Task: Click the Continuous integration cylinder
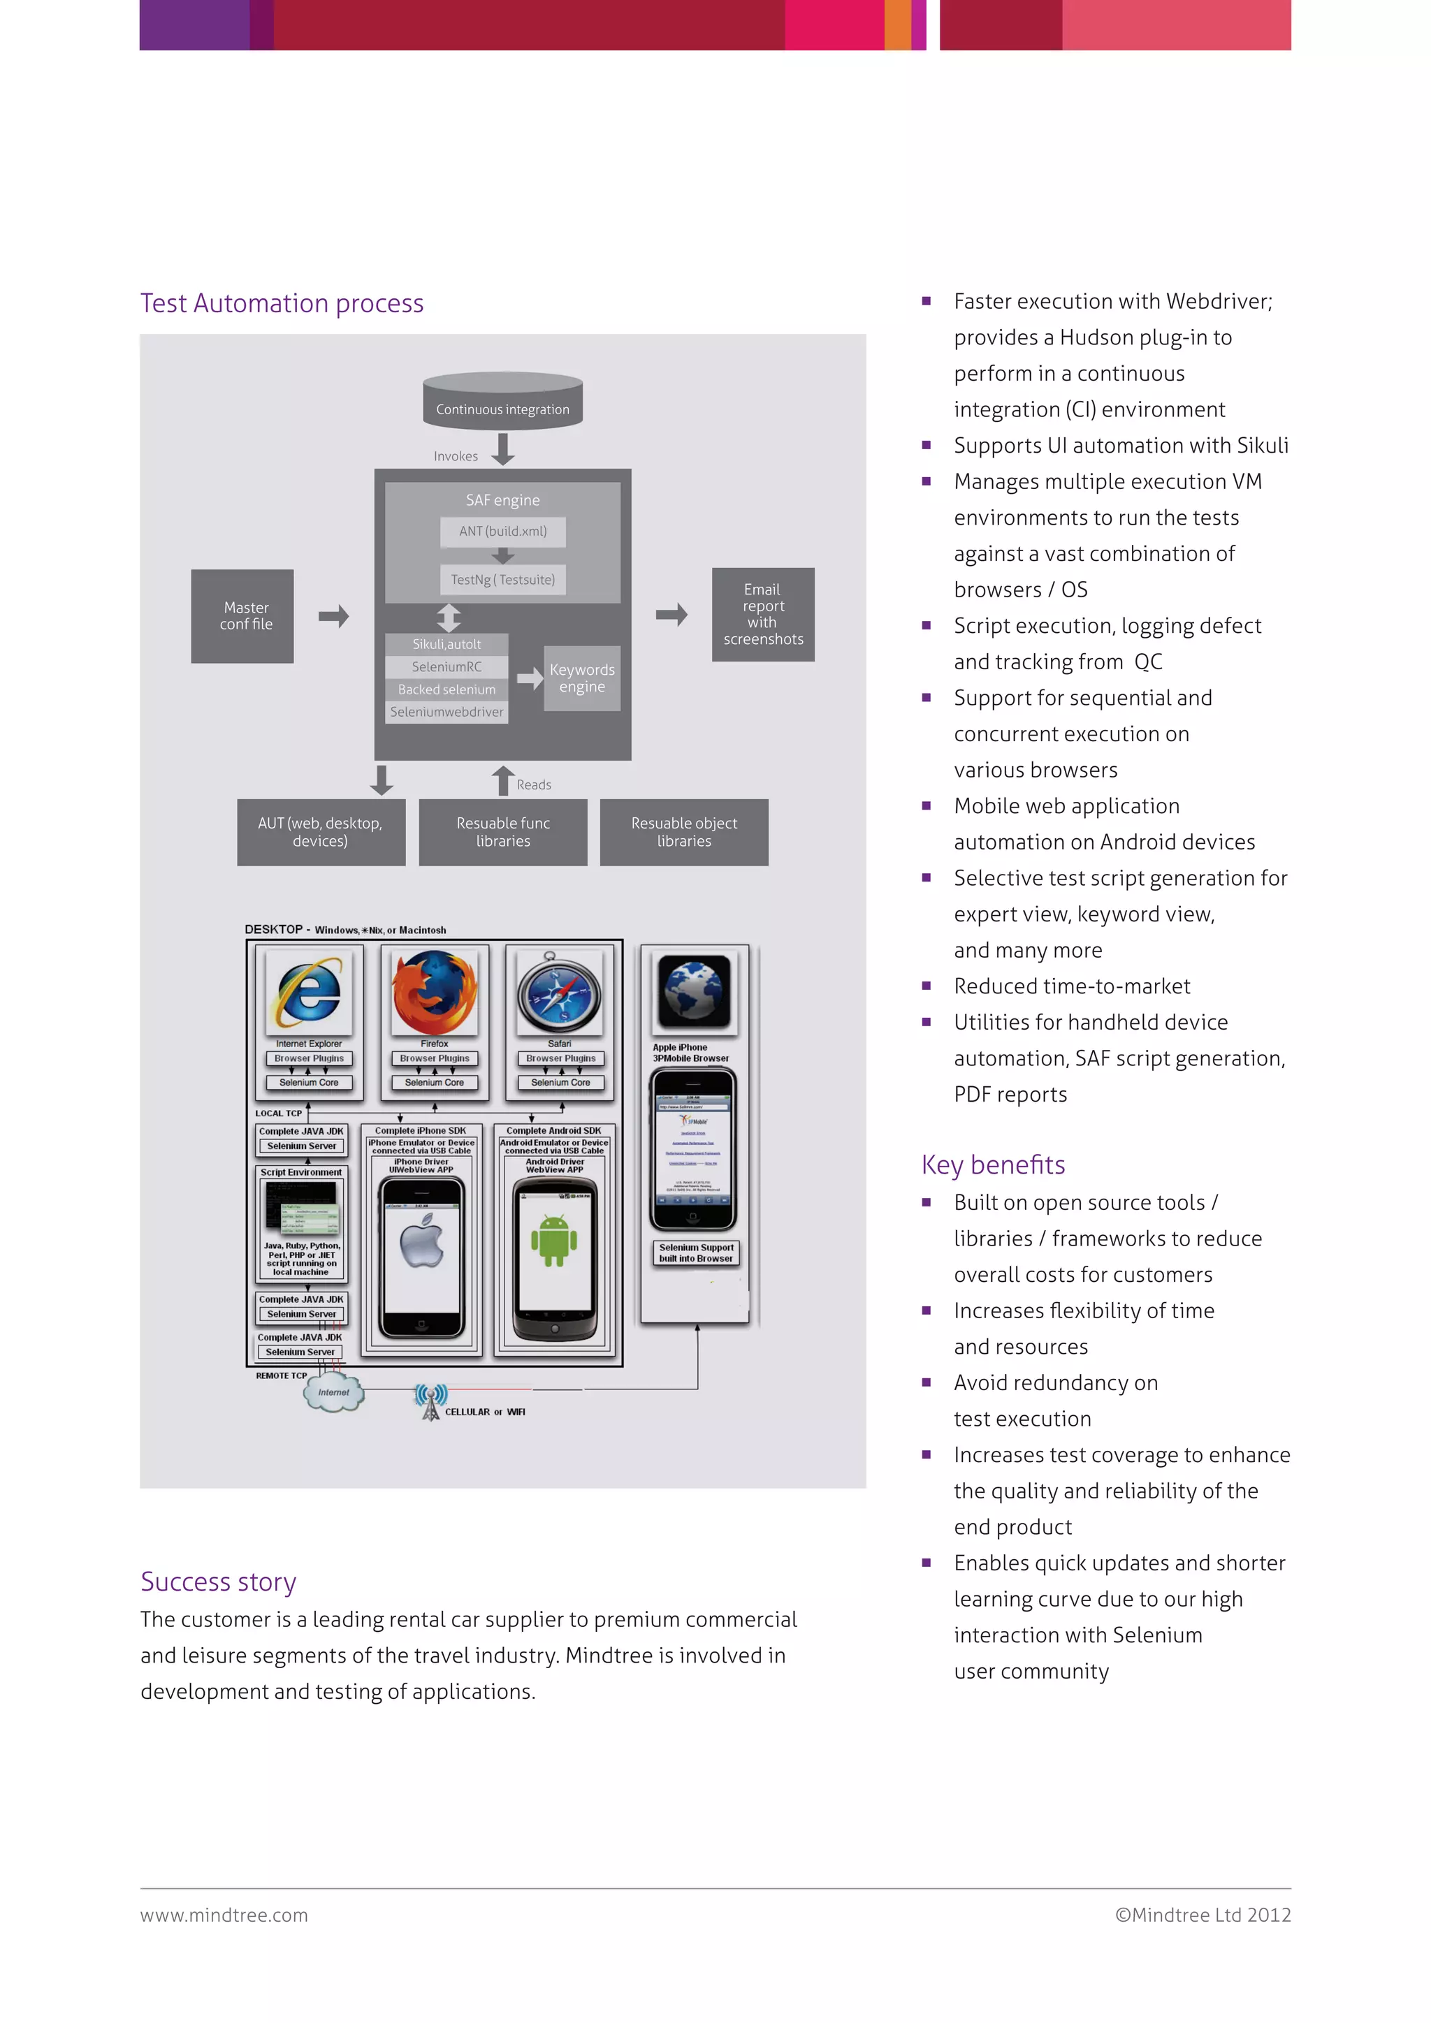click(502, 402)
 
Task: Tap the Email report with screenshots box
click(763, 614)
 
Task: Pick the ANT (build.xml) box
click(502, 532)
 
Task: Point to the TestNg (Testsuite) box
click(502, 580)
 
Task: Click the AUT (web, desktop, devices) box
click(321, 832)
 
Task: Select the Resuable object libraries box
click(684, 832)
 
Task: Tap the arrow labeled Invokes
click(503, 449)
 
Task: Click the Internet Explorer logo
click(308, 992)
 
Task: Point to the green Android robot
click(553, 1241)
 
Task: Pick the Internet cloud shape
click(333, 1393)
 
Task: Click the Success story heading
click(219, 1582)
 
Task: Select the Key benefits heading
click(993, 1164)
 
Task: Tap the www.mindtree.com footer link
click(224, 1915)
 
